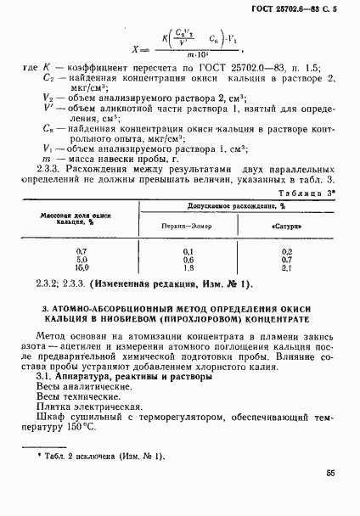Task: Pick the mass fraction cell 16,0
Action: point(82,267)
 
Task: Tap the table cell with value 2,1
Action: point(284,267)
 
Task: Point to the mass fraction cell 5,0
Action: point(82,260)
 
